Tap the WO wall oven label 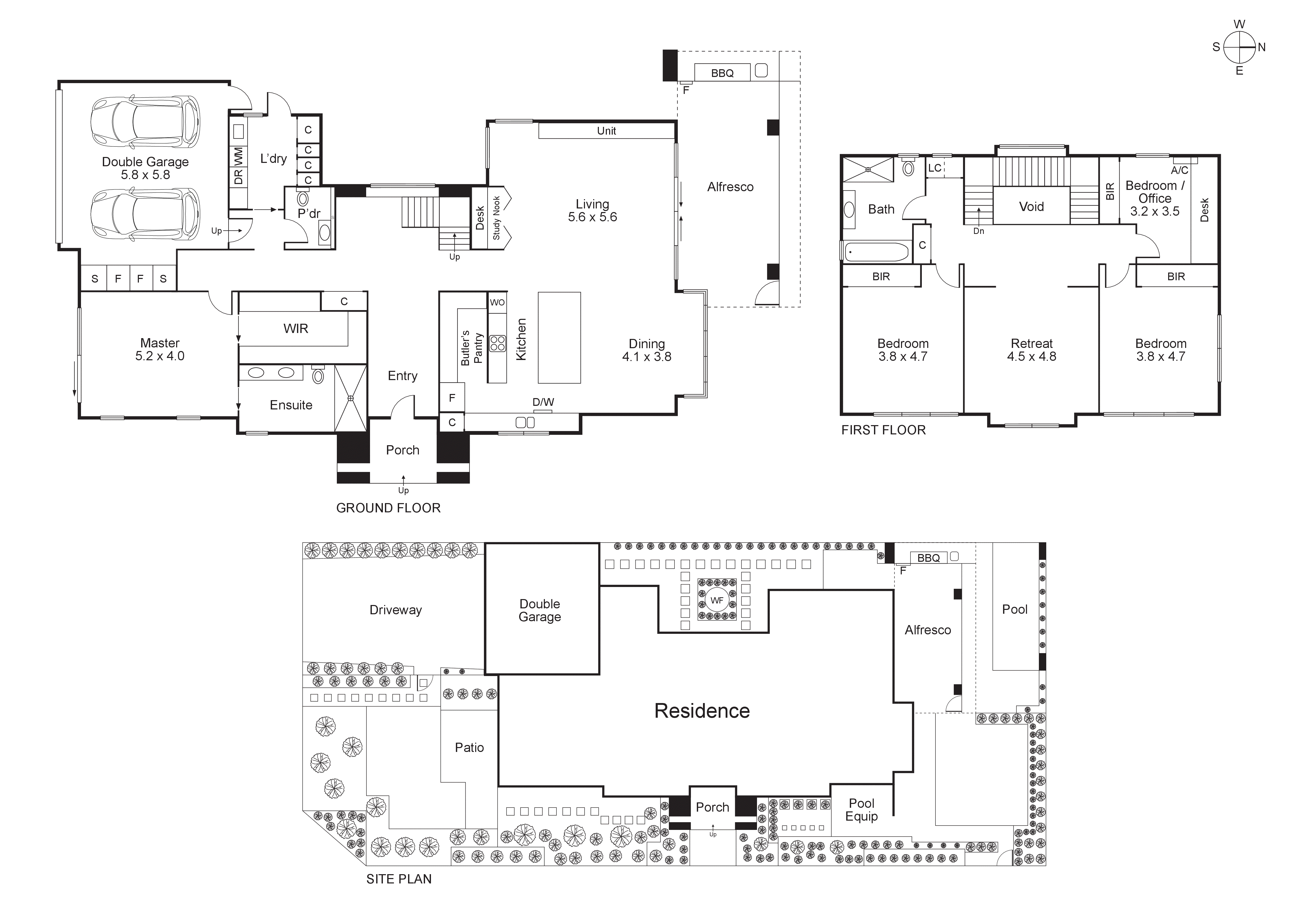tap(497, 302)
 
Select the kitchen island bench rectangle tap(559, 337)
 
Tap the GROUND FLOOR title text tap(388, 508)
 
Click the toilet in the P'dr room tap(303, 199)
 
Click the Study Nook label tap(496, 218)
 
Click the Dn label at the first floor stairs tap(979, 231)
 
